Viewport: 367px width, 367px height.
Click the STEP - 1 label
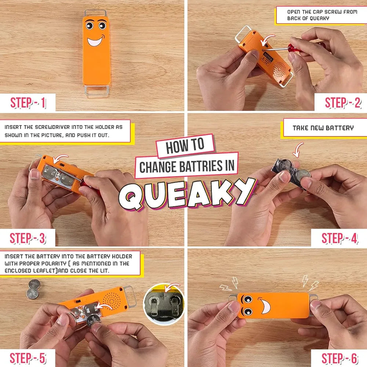[x=28, y=103]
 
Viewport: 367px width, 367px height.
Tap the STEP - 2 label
[x=343, y=103]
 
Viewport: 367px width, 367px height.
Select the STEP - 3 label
[x=28, y=238]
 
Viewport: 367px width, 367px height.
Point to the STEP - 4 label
[x=339, y=238]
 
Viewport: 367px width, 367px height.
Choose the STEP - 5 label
[x=28, y=358]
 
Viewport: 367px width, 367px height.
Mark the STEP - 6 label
[x=339, y=358]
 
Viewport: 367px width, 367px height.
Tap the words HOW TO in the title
[x=185, y=146]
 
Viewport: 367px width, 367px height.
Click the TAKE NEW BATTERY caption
[x=323, y=128]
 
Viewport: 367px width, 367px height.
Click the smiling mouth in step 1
[x=96, y=40]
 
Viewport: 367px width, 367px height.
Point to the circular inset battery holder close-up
[x=164, y=304]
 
